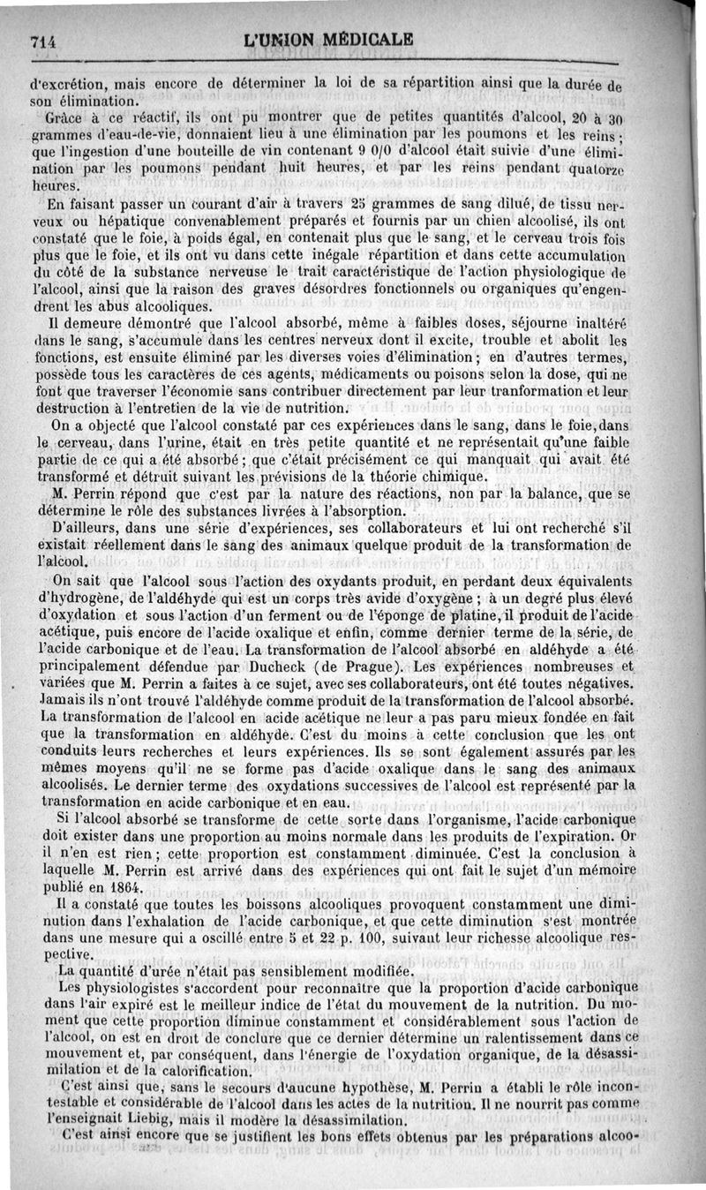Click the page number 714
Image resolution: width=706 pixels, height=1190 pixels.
pos(43,40)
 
